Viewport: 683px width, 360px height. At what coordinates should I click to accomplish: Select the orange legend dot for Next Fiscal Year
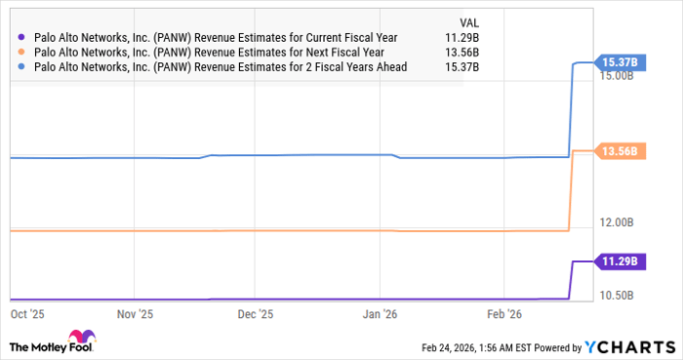click(x=20, y=52)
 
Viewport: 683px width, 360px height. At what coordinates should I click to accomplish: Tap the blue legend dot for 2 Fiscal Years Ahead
click(x=20, y=65)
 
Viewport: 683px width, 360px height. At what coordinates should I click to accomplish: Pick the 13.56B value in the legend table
click(x=475, y=52)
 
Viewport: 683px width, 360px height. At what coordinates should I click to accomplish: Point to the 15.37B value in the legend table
click(x=475, y=65)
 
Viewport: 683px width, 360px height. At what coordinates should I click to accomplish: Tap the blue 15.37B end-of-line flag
click(x=619, y=62)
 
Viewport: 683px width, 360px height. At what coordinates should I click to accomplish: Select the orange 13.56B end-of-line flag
click(x=619, y=151)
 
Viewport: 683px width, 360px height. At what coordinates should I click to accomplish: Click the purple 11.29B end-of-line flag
click(x=619, y=261)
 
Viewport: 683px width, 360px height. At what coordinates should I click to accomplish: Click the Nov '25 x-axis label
click(x=135, y=314)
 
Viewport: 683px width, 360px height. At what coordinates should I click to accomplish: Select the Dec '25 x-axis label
click(x=256, y=314)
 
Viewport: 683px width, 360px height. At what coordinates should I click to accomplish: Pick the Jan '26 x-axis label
click(x=380, y=314)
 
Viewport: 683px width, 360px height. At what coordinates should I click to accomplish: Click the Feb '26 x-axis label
click(x=503, y=314)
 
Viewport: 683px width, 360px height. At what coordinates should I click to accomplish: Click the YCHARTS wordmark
click(x=629, y=346)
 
